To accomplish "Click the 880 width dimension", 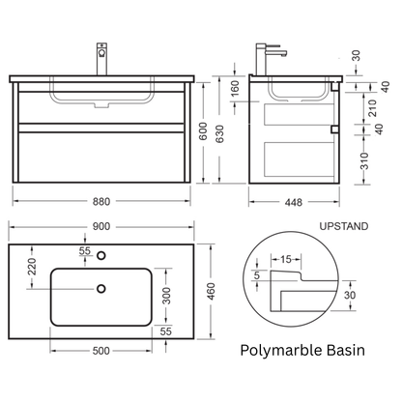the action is [101, 202].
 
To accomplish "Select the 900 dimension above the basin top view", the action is [101, 227].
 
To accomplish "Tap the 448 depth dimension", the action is [294, 202].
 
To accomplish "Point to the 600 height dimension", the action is [203, 130].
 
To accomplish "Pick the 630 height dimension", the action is [219, 134].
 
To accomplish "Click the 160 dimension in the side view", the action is [236, 88].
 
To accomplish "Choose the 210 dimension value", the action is [372, 108].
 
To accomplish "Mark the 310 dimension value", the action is [364, 161].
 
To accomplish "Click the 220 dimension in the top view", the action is [32, 266].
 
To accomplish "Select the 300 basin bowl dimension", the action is [166, 296].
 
